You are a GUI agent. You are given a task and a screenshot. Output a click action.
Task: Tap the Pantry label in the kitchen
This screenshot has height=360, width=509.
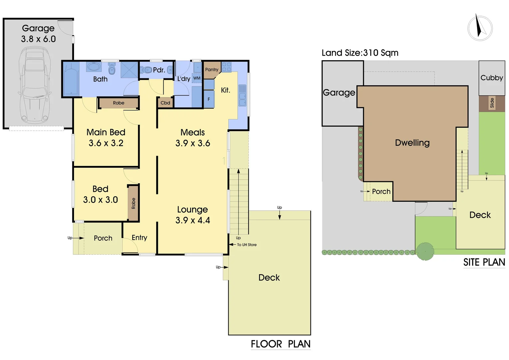(212, 70)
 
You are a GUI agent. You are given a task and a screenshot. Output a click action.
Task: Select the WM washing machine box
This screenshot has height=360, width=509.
(197, 78)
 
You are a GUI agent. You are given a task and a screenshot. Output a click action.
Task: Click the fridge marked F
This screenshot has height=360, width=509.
(209, 99)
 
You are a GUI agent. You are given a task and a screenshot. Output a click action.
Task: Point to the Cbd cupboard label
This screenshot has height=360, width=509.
(165, 103)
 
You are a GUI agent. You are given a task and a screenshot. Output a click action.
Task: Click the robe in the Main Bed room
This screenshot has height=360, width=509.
(118, 103)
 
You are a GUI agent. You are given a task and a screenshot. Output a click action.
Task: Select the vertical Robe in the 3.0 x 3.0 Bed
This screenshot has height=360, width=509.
(133, 203)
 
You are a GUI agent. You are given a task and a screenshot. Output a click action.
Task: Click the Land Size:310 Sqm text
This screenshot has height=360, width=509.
(360, 53)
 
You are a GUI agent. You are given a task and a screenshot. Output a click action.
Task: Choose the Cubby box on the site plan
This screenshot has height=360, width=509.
(492, 78)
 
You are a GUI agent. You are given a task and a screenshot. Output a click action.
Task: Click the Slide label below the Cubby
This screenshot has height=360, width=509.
(492, 103)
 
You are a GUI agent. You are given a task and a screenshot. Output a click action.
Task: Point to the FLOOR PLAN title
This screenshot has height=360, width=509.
(280, 344)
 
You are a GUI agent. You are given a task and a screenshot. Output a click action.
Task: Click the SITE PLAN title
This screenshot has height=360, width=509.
(484, 262)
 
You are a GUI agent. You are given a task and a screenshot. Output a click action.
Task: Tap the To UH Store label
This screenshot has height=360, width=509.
(247, 245)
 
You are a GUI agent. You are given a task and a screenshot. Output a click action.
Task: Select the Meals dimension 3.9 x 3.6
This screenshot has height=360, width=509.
(193, 143)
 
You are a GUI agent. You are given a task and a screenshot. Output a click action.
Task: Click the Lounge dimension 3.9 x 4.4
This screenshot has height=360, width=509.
(193, 220)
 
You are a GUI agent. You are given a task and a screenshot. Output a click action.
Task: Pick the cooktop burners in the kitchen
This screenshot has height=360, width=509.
(227, 67)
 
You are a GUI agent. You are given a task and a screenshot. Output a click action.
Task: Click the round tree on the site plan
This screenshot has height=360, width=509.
(425, 251)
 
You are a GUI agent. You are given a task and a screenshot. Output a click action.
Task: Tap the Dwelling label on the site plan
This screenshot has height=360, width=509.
(412, 143)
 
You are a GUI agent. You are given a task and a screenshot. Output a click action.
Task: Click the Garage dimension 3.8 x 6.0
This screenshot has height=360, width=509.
(38, 39)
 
